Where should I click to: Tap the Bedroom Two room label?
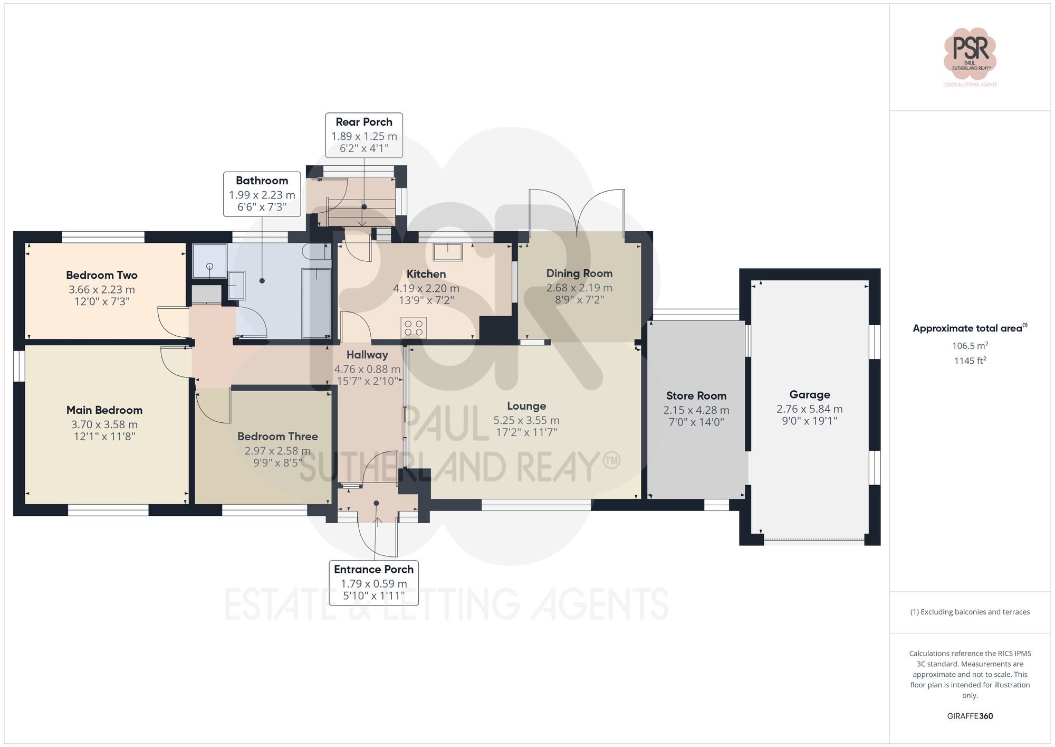pyautogui.click(x=102, y=275)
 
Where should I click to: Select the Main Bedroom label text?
pyautogui.click(x=104, y=410)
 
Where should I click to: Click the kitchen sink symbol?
pyautogui.click(x=447, y=252)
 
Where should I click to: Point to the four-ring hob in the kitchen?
pyautogui.click(x=413, y=327)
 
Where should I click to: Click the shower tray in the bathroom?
pyautogui.click(x=209, y=261)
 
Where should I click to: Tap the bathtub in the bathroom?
pyautogui.click(x=316, y=303)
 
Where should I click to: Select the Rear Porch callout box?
pyautogui.click(x=364, y=135)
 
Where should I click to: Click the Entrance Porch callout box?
pyautogui.click(x=373, y=583)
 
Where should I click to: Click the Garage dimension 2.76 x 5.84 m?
pyautogui.click(x=809, y=409)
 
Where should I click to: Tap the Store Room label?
pyautogui.click(x=696, y=396)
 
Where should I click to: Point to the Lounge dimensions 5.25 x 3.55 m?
pyautogui.click(x=526, y=421)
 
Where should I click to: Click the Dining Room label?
pyautogui.click(x=579, y=273)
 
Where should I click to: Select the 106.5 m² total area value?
pyautogui.click(x=970, y=346)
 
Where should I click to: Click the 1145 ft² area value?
pyautogui.click(x=970, y=361)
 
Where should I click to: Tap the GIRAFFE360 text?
pyautogui.click(x=970, y=716)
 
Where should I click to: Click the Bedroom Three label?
pyautogui.click(x=277, y=437)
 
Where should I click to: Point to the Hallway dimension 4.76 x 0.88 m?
pyautogui.click(x=367, y=370)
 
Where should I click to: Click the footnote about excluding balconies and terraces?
pyautogui.click(x=970, y=612)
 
